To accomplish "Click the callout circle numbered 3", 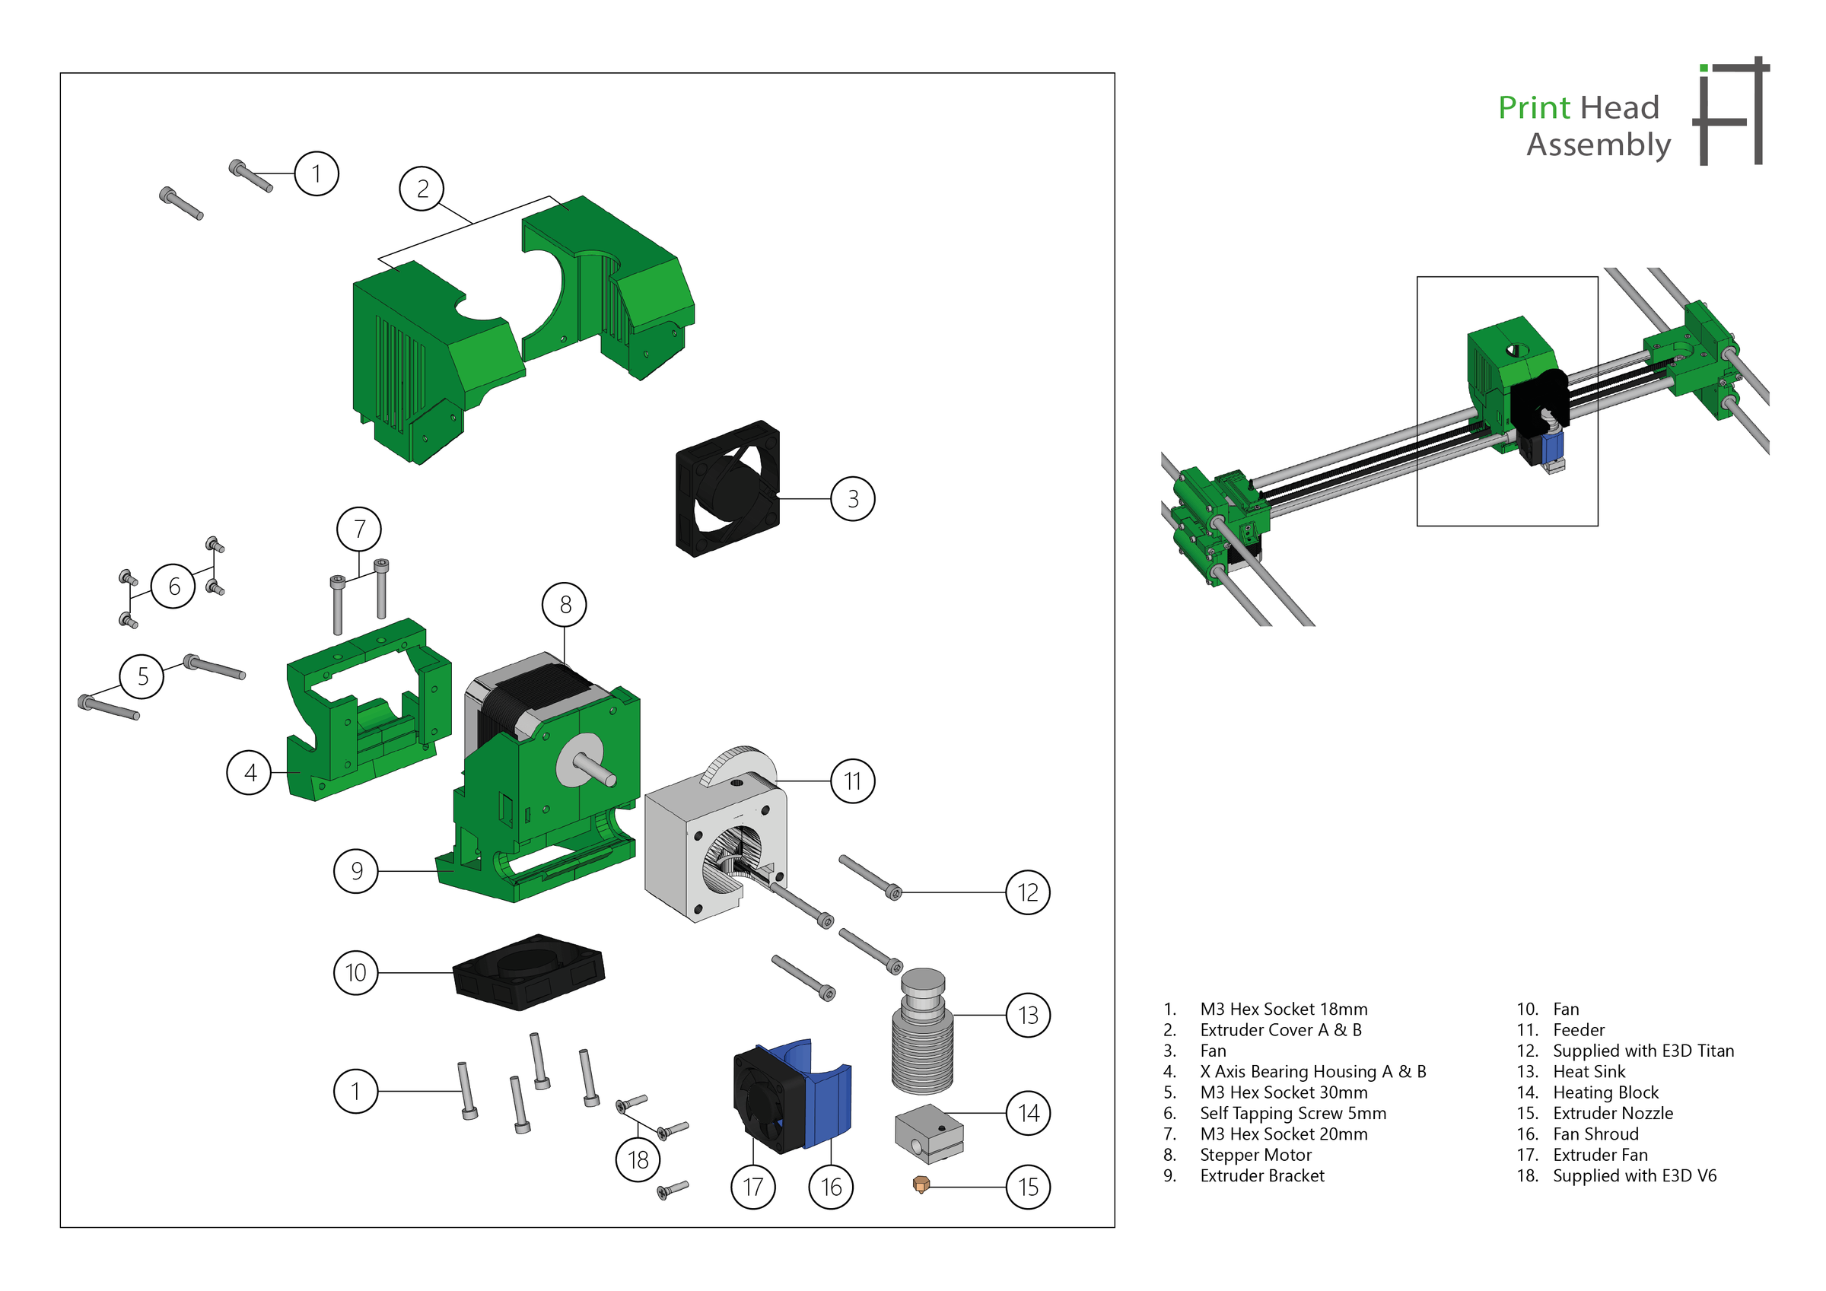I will pyautogui.click(x=853, y=499).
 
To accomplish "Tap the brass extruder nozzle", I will pyautogui.click(x=921, y=1185).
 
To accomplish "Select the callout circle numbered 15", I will pyautogui.click(x=1028, y=1187).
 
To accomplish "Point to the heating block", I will pyautogui.click(x=928, y=1132).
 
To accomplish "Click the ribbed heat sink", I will pyautogui.click(x=923, y=1042).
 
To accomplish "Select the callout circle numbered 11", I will pyautogui.click(x=853, y=781).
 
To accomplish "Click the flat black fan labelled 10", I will pyautogui.click(x=529, y=972).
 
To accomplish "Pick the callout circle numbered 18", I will pyautogui.click(x=638, y=1159).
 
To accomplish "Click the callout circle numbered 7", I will pyautogui.click(x=358, y=529).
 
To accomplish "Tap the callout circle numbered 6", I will pyautogui.click(x=173, y=587).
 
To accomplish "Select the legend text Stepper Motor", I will pyautogui.click(x=1255, y=1155).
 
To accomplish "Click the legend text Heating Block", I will pyautogui.click(x=1605, y=1092).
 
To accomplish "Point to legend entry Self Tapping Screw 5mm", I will pyautogui.click(x=1293, y=1113).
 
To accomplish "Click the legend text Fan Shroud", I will pyautogui.click(x=1595, y=1134).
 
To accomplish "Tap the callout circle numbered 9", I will pyautogui.click(x=355, y=871).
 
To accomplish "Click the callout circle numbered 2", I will pyautogui.click(x=422, y=189).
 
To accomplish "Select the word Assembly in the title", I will pyautogui.click(x=1598, y=145).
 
